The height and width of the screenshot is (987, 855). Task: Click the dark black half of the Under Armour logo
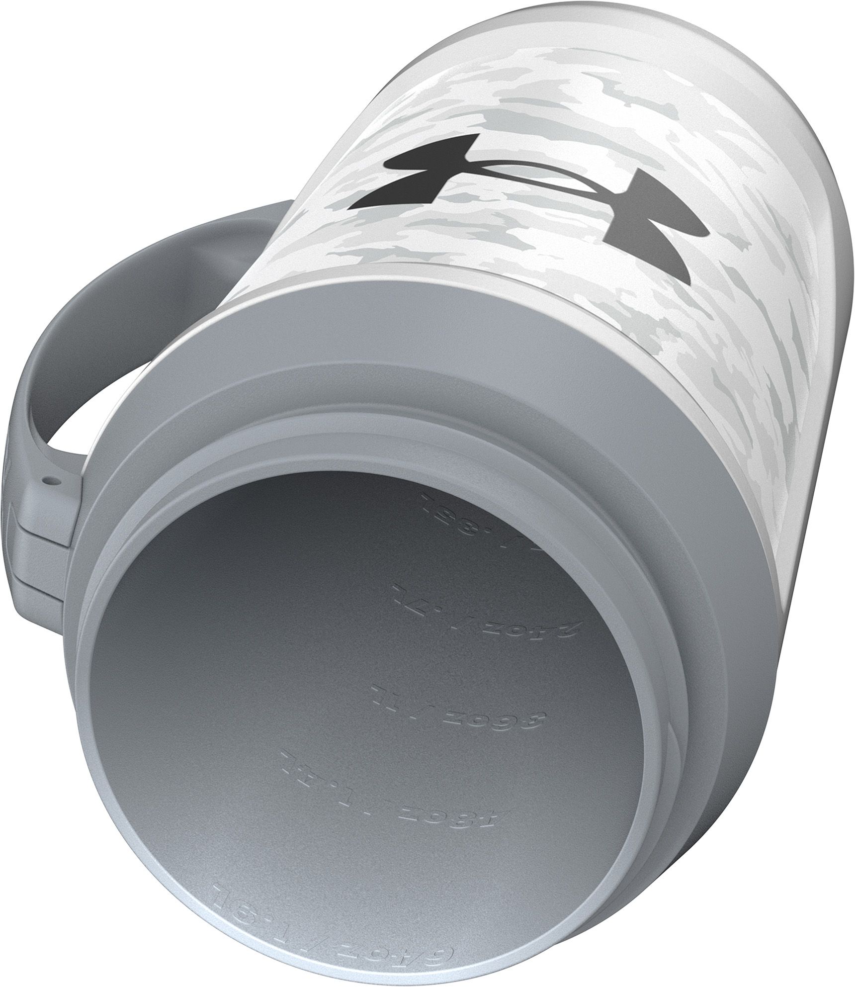pyautogui.click(x=423, y=174)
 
